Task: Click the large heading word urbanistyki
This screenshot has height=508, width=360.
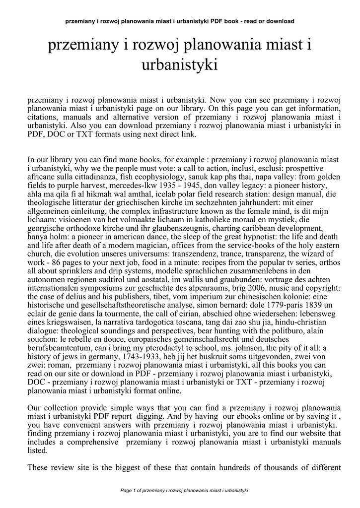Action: click(180, 64)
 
